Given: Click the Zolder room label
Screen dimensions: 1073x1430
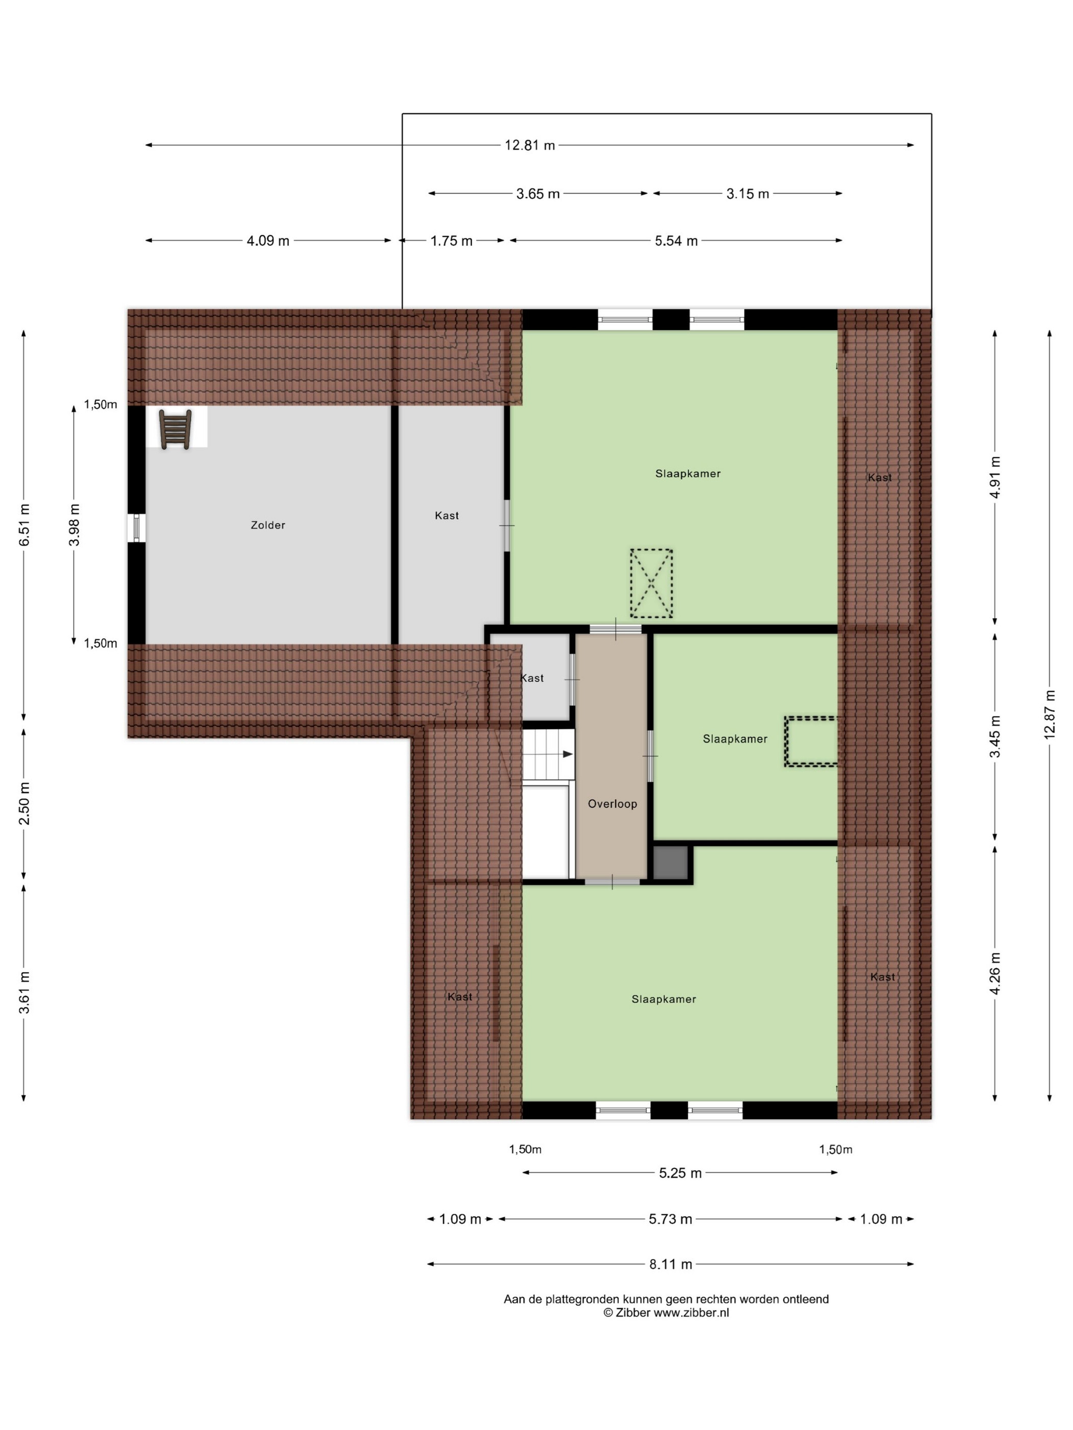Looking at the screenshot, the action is (268, 525).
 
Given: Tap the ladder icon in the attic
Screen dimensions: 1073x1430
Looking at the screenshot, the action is (175, 430).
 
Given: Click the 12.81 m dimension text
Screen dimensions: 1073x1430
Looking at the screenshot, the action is (530, 146).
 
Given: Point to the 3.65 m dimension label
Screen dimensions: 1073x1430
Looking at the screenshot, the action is (538, 193).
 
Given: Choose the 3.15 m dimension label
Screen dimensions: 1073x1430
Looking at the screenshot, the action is (748, 193).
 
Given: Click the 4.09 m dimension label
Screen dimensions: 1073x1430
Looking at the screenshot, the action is (268, 241).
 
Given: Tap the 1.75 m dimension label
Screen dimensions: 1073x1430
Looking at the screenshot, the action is (452, 241).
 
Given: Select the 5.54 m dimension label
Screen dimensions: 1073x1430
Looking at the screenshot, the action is (676, 241).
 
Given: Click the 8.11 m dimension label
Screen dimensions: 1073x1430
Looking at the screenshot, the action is (671, 1264).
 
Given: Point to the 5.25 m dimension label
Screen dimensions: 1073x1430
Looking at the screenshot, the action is (680, 1173).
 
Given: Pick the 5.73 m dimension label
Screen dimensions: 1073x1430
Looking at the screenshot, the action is (671, 1219).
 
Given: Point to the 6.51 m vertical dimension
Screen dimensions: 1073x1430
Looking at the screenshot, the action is (24, 525).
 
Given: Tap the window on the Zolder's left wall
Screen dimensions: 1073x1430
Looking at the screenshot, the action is (136, 528).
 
